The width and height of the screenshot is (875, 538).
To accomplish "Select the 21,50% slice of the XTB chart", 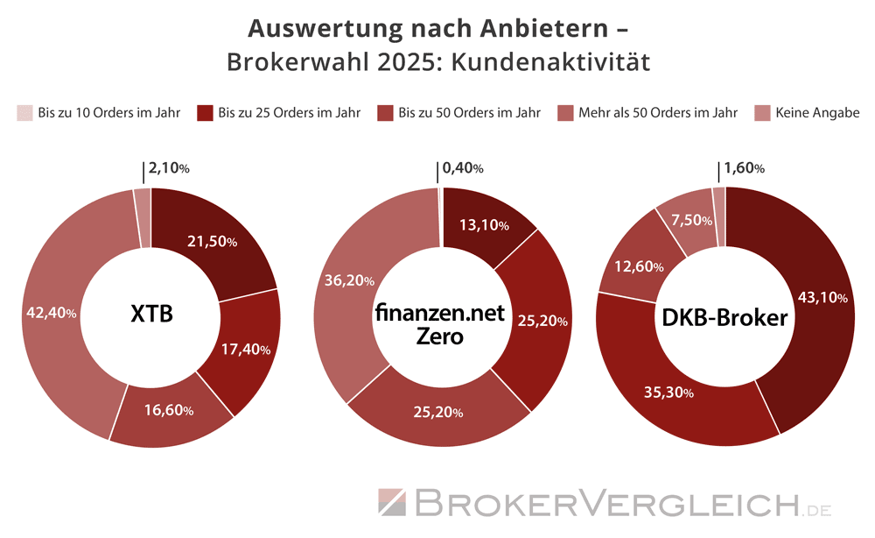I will pos(213,242).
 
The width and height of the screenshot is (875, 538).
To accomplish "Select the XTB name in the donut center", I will pos(151,314).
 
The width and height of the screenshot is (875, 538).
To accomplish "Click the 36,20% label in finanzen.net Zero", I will pos(349,281).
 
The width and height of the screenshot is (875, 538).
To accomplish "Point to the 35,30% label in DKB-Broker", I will pos(669,393).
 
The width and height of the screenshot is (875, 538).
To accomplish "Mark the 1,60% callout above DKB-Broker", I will pos(745,168).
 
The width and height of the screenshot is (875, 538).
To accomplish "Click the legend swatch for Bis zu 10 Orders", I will pos(24,113).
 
